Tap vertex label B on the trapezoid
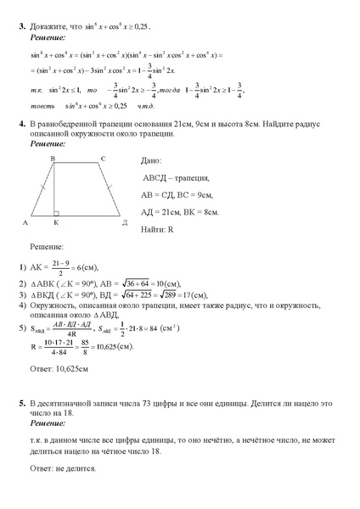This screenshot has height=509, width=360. coord(53,159)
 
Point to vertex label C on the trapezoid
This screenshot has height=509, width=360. coord(103,159)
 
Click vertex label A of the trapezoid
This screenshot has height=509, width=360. coord(26,223)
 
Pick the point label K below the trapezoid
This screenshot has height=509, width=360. coord(56,223)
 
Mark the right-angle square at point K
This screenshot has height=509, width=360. coord(57,213)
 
